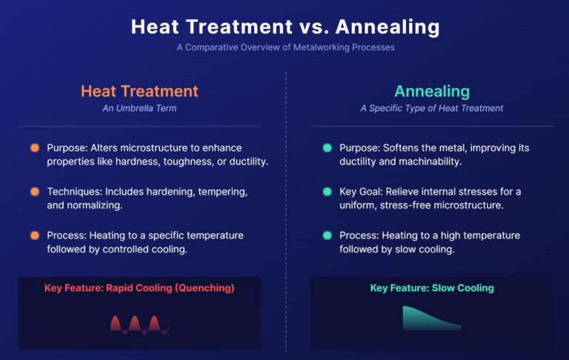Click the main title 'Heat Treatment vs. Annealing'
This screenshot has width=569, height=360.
[284, 27]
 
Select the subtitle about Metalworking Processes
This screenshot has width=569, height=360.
[285, 47]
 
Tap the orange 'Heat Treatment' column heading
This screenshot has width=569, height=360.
[139, 91]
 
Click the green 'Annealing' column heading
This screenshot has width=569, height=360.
[432, 91]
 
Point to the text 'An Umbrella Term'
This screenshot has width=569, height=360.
[139, 108]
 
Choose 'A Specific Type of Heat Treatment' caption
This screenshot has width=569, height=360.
[432, 108]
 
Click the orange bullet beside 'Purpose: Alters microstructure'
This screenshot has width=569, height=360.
[35, 148]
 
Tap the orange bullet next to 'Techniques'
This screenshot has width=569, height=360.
[35, 192]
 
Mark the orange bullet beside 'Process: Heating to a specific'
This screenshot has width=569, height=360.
[35, 236]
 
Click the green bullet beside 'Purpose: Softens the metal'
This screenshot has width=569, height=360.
[327, 148]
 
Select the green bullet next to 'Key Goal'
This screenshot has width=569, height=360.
[327, 192]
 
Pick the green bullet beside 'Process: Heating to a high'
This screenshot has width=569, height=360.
[327, 236]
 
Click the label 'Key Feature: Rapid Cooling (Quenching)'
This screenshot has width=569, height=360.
[139, 288]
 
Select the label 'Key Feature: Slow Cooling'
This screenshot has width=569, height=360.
[432, 288]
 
